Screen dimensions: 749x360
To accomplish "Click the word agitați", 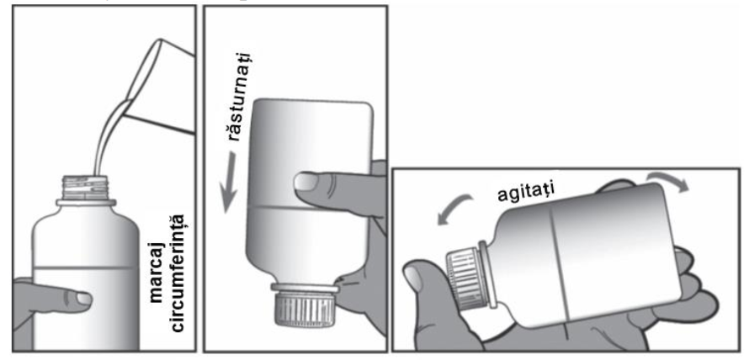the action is [x=526, y=194].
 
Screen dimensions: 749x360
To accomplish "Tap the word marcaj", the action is [x=157, y=274].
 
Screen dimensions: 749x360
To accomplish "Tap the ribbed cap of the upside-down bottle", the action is [x=304, y=310].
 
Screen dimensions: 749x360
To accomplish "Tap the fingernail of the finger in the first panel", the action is [x=84, y=299].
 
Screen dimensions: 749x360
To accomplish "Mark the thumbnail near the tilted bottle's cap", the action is [x=414, y=278].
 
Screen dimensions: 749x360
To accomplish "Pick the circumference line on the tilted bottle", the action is [x=560, y=266].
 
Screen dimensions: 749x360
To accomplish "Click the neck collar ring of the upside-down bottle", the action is [x=305, y=288].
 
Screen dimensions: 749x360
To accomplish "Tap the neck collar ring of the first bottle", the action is [x=86, y=203].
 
